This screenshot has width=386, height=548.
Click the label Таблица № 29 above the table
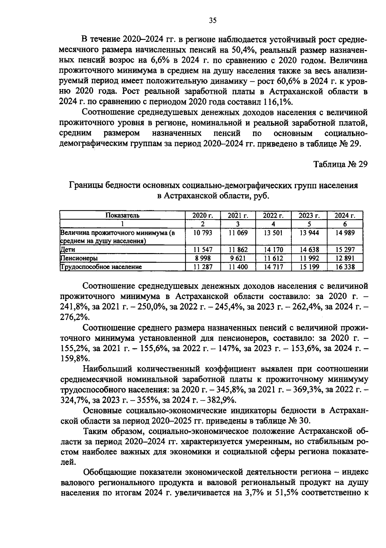(x=340, y=164)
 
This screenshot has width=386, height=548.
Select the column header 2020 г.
(x=203, y=215)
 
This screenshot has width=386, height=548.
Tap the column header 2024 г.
(x=345, y=215)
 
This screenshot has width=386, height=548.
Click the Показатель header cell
(x=123, y=215)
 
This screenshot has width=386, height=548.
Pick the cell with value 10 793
(x=203, y=233)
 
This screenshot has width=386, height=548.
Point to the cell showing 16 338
(x=345, y=267)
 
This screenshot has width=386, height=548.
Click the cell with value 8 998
(x=203, y=258)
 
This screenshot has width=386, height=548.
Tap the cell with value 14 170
(x=273, y=250)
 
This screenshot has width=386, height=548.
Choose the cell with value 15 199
(x=309, y=267)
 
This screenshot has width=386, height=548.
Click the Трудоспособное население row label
(x=101, y=267)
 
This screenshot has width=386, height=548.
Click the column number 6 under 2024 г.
(x=345, y=224)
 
